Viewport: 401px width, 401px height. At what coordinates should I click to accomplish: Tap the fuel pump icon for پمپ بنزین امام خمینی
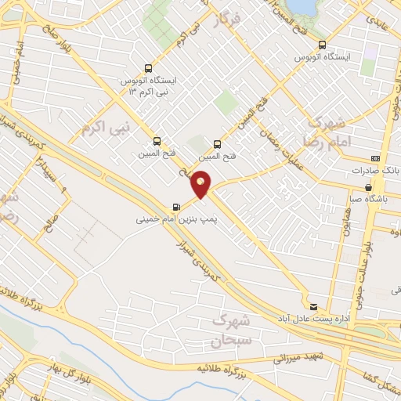(175, 208)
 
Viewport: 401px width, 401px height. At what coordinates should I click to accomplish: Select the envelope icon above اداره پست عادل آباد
(314, 305)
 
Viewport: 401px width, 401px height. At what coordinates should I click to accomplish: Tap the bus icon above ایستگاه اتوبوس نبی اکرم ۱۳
(149, 68)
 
